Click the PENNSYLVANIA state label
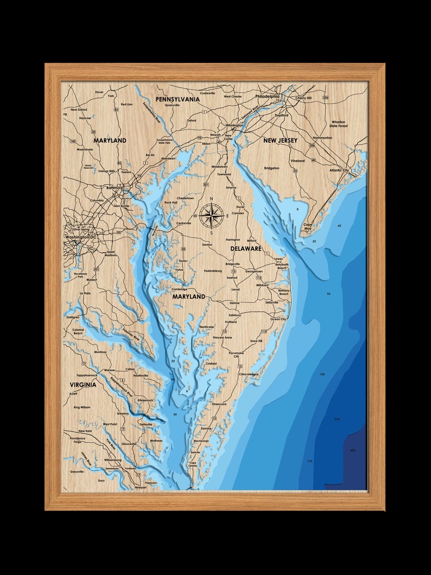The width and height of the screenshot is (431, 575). [x=178, y=99]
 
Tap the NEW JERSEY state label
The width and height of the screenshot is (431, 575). [x=280, y=141]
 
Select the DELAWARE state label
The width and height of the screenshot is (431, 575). [x=246, y=249]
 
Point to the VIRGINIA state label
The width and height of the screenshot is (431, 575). [x=83, y=384]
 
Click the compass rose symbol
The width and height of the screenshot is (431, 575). [x=212, y=216]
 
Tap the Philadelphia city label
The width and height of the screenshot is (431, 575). [x=267, y=97]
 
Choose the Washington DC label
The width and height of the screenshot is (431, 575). [x=80, y=238]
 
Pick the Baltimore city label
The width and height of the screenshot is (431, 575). [x=115, y=188]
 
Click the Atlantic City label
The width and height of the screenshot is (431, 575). [x=339, y=170]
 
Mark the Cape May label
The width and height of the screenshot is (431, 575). [x=308, y=226]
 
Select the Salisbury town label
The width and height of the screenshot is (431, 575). [x=234, y=315]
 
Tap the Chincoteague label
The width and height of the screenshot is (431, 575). [x=249, y=374]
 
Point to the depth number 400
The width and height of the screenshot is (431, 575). [x=353, y=450]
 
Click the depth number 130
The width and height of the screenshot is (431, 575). [x=322, y=375]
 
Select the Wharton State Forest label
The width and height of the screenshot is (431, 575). [x=338, y=124]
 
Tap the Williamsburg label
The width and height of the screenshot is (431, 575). [x=113, y=460]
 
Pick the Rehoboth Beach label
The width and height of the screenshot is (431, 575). [x=282, y=266]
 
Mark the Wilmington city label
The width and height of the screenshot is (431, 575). [x=234, y=125]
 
